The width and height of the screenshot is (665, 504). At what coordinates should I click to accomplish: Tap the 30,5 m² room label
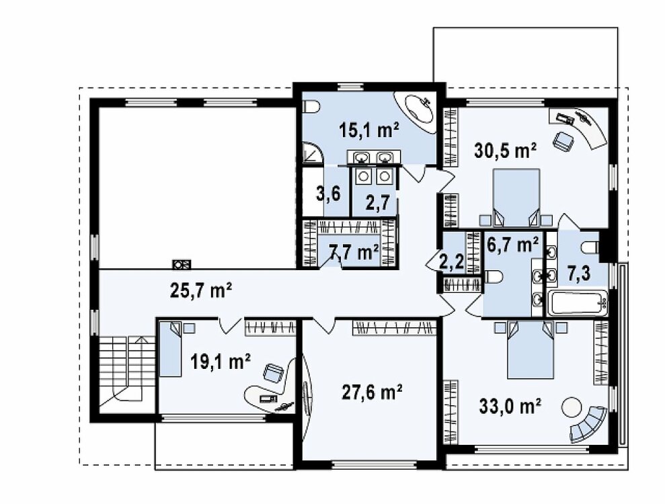(x=506, y=150)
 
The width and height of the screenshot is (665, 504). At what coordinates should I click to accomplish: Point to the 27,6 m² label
(x=372, y=392)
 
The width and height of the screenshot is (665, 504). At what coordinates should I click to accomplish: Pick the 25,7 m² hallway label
(x=200, y=290)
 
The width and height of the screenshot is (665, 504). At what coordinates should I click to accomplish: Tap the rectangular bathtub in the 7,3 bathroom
(x=577, y=302)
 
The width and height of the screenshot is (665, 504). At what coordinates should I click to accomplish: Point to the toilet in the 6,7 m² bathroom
(x=493, y=278)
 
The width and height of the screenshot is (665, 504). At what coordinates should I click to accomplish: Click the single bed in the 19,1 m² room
(x=171, y=349)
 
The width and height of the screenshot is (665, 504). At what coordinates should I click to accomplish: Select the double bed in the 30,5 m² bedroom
(x=516, y=197)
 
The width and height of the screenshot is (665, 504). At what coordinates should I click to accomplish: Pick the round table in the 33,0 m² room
(x=572, y=407)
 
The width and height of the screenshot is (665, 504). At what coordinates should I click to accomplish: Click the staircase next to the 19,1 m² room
(x=127, y=368)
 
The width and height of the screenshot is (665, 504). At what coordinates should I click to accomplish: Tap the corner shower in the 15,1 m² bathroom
(x=312, y=153)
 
